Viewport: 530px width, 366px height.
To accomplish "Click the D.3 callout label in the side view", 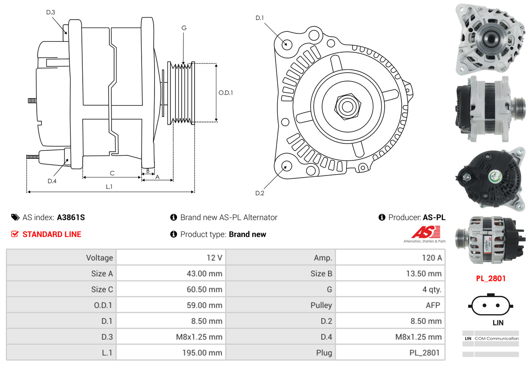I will click(51, 12).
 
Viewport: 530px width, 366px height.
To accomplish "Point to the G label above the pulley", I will click(184, 28).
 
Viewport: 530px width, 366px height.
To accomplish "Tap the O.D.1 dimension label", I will click(226, 93).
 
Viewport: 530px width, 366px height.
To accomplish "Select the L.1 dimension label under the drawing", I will click(109, 187).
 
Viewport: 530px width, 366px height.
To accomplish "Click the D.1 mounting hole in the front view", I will click(287, 44).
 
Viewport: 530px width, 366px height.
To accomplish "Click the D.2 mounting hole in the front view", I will click(287, 166).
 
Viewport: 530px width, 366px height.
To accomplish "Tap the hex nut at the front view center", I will click(347, 106).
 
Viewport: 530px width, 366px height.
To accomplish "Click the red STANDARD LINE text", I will click(52, 234).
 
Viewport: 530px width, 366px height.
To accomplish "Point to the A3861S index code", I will click(71, 217).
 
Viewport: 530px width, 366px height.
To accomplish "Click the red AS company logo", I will click(426, 232).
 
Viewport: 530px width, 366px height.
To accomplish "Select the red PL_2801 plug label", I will click(490, 278).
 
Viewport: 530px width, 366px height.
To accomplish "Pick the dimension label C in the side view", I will click(112, 173).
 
